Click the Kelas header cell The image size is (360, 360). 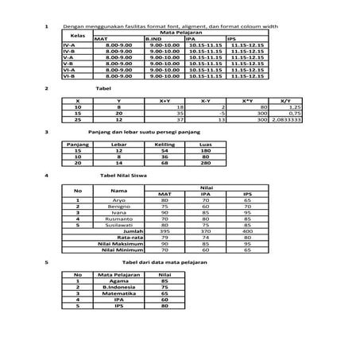(77, 36)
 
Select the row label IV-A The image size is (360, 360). (69, 47)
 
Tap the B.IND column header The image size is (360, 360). (155, 39)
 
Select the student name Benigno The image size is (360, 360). (118, 207)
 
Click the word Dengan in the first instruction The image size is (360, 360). (77, 27)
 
